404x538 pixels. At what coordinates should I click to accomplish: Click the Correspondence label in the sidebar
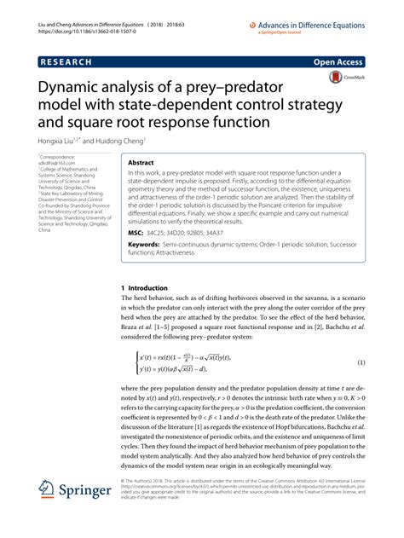point(57,159)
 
